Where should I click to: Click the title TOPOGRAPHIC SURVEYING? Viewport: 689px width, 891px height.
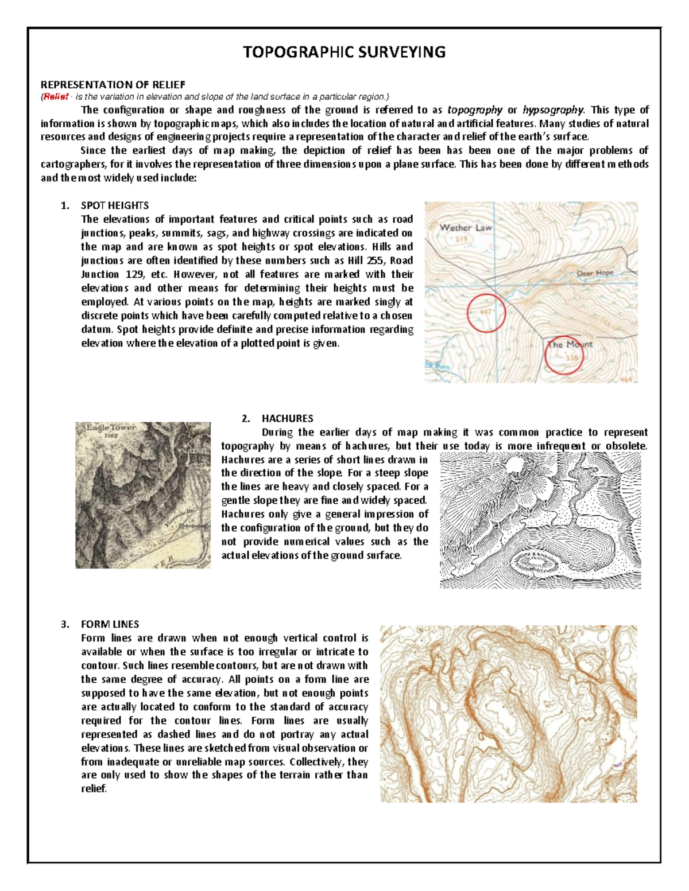click(344, 52)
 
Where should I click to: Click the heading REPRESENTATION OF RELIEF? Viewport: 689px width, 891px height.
click(113, 85)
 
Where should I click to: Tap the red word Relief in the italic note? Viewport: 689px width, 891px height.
click(56, 97)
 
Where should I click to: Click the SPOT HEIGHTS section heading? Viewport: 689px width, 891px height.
click(115, 205)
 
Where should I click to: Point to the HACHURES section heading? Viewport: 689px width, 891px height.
click(287, 418)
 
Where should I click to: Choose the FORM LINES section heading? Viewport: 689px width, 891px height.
click(110, 624)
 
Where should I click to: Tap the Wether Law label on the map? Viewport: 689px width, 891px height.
click(466, 228)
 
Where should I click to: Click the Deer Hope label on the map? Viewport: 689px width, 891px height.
click(595, 273)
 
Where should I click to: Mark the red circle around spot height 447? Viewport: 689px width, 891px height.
click(486, 313)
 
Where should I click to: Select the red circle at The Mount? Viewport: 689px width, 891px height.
click(564, 355)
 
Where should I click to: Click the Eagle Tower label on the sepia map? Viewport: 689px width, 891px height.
click(111, 428)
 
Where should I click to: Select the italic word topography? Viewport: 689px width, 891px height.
click(474, 110)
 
